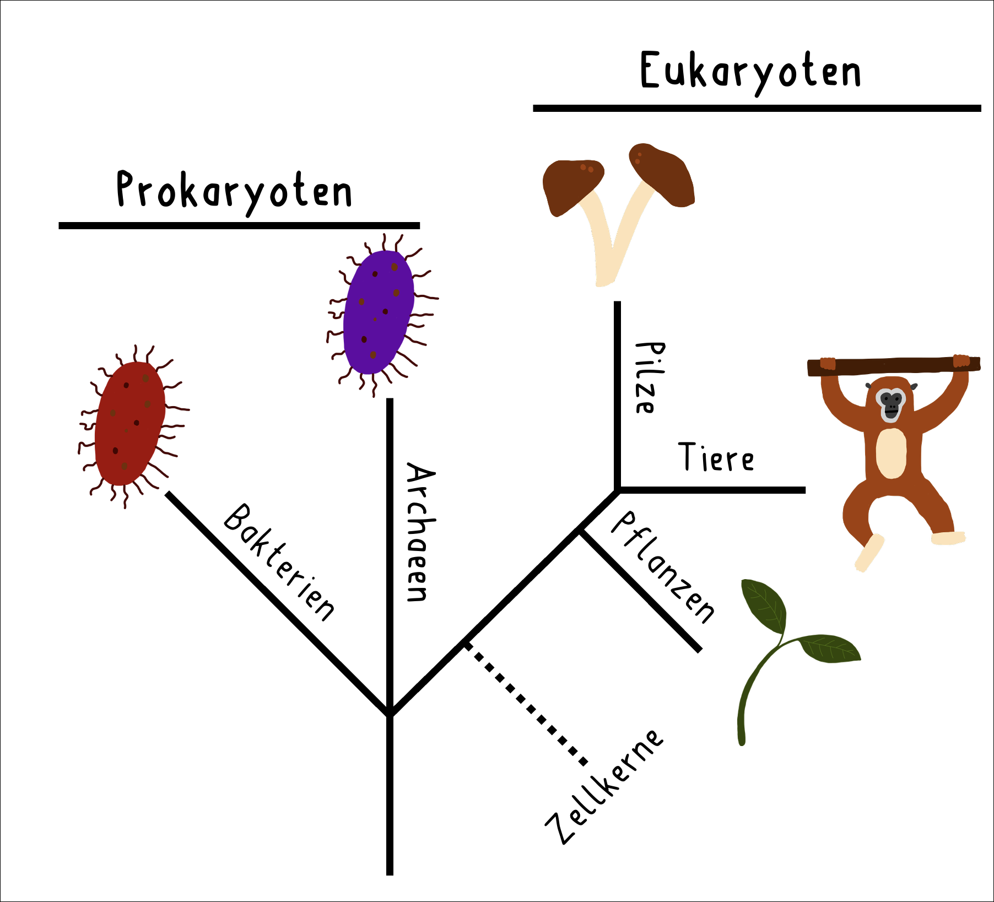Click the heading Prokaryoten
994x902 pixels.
(x=234, y=190)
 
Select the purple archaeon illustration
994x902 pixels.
(x=379, y=311)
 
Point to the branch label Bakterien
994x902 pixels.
(x=279, y=562)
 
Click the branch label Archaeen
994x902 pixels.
(x=420, y=532)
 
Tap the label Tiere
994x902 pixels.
(x=715, y=457)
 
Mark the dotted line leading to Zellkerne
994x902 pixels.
(x=526, y=705)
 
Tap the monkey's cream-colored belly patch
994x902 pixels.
(x=891, y=453)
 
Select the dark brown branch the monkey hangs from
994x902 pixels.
(x=893, y=366)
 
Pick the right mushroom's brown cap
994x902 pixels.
(x=664, y=174)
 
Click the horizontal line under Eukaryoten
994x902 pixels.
(x=757, y=109)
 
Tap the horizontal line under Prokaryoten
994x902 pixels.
(x=239, y=225)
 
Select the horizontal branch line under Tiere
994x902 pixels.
(x=711, y=490)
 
